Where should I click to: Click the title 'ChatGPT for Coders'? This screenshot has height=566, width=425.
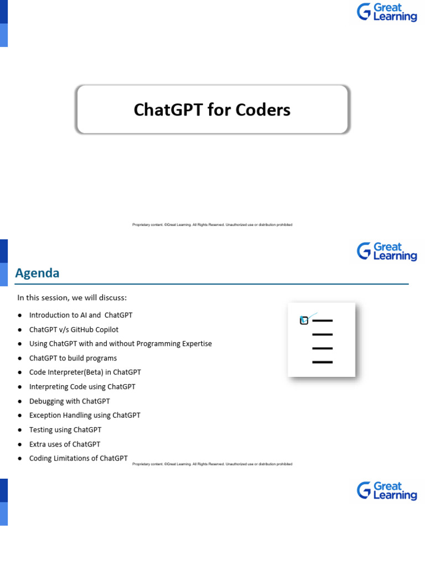click(x=212, y=110)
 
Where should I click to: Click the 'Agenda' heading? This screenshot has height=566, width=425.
click(x=37, y=273)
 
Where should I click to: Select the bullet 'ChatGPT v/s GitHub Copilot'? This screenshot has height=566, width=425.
click(x=74, y=329)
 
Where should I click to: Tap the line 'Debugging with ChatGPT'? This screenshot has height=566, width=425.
click(x=69, y=401)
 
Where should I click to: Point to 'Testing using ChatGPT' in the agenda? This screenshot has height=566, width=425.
click(x=65, y=429)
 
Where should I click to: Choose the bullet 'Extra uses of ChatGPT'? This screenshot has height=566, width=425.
click(x=65, y=444)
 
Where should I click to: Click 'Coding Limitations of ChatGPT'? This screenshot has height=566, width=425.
click(x=78, y=458)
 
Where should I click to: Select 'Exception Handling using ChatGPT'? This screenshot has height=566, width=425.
click(x=85, y=415)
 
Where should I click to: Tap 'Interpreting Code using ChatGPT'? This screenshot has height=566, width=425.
click(x=82, y=387)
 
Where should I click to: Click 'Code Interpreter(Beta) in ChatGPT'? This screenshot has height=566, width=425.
click(x=85, y=373)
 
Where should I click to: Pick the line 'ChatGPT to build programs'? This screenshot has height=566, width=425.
click(x=73, y=358)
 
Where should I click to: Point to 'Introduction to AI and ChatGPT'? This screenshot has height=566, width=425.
click(x=81, y=315)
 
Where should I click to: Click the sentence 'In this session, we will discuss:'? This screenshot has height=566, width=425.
click(x=72, y=298)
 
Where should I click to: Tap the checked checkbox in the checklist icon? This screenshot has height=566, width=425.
click(x=304, y=320)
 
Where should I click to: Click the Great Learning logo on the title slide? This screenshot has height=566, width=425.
click(x=387, y=12)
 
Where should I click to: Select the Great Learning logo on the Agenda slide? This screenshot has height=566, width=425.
click(x=387, y=251)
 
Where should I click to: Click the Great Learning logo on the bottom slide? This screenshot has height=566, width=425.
click(x=387, y=491)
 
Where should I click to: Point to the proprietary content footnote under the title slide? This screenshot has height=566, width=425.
click(x=212, y=225)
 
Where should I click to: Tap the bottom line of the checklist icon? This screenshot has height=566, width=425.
click(x=322, y=363)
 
